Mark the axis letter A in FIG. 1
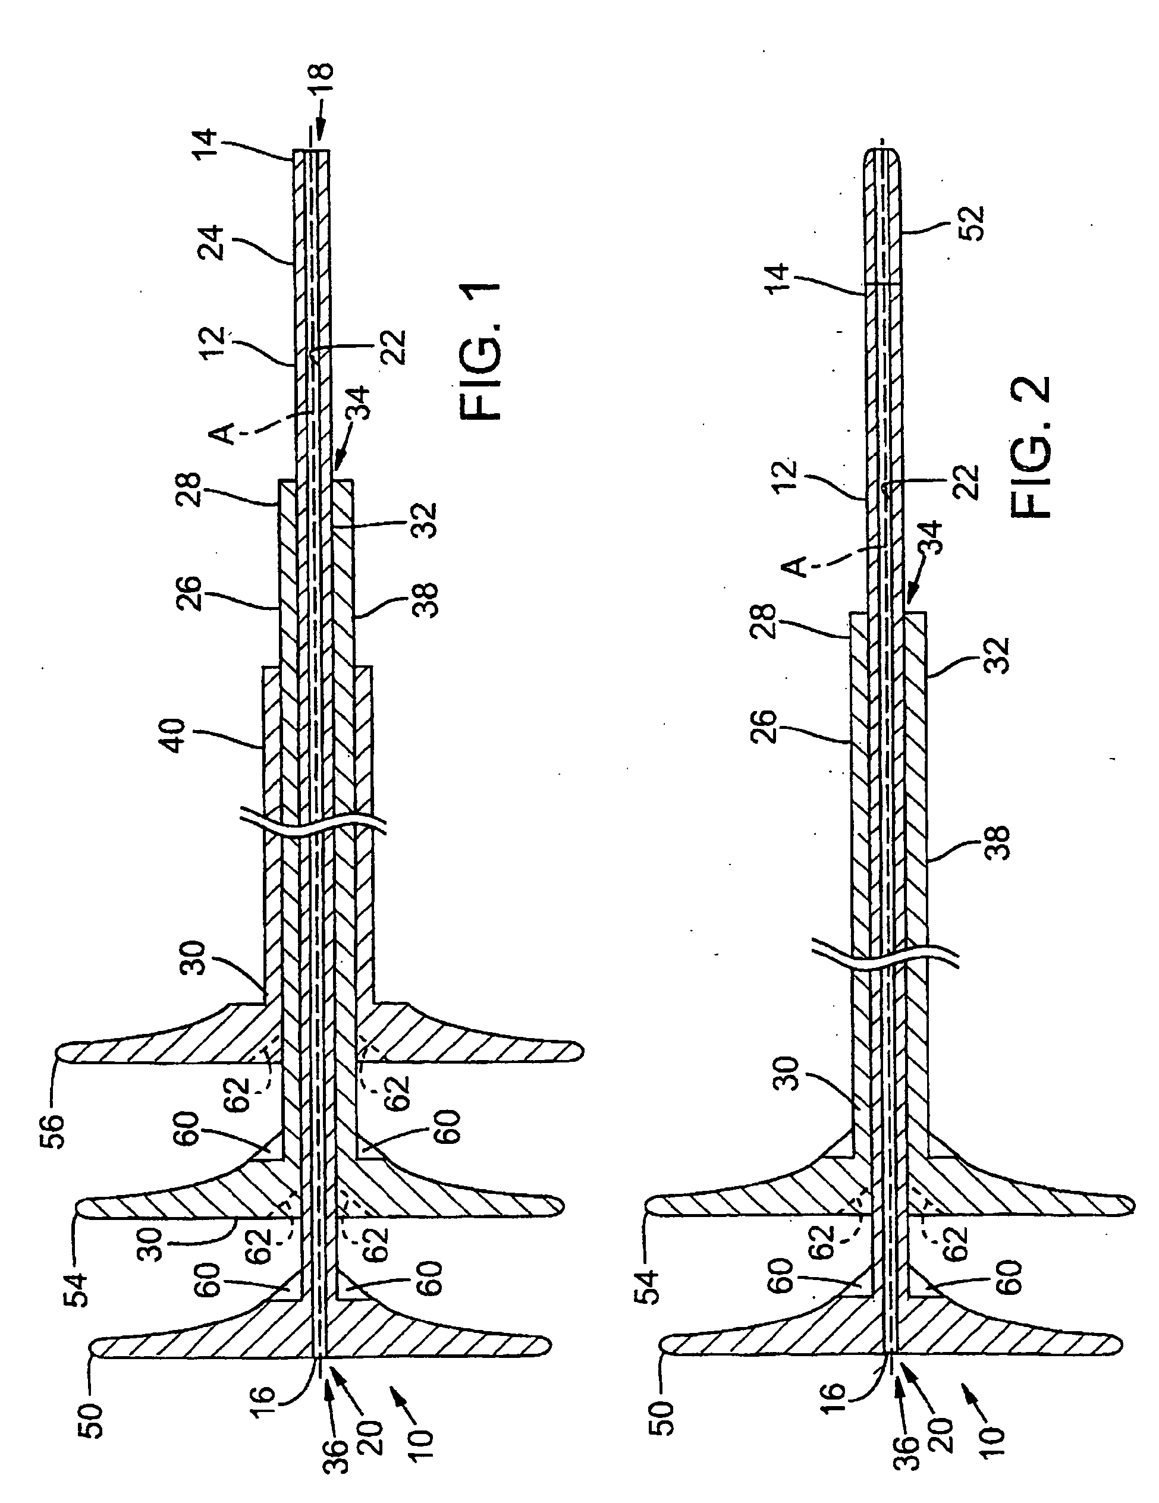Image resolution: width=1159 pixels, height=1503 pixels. click(223, 433)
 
